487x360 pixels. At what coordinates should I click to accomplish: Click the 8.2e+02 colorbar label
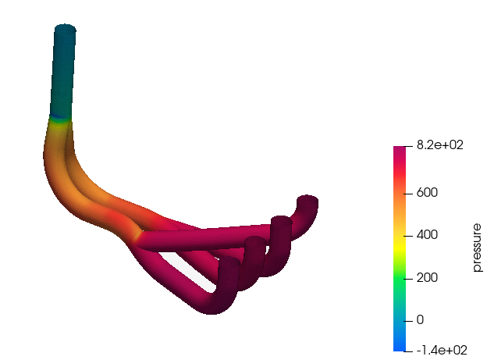pyautogui.click(x=440, y=145)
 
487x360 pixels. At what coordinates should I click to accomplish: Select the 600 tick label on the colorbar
pyautogui.click(x=427, y=193)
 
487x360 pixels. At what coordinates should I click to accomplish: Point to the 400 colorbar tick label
pyautogui.click(x=427, y=235)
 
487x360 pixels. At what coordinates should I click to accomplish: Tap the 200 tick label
pyautogui.click(x=427, y=278)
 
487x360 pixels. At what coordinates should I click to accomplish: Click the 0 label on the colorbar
pyautogui.click(x=420, y=320)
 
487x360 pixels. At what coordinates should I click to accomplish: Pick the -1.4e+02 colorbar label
pyautogui.click(x=442, y=351)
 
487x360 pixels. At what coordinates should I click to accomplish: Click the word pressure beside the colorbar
pyautogui.click(x=477, y=248)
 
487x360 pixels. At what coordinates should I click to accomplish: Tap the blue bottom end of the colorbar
pyautogui.click(x=400, y=348)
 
